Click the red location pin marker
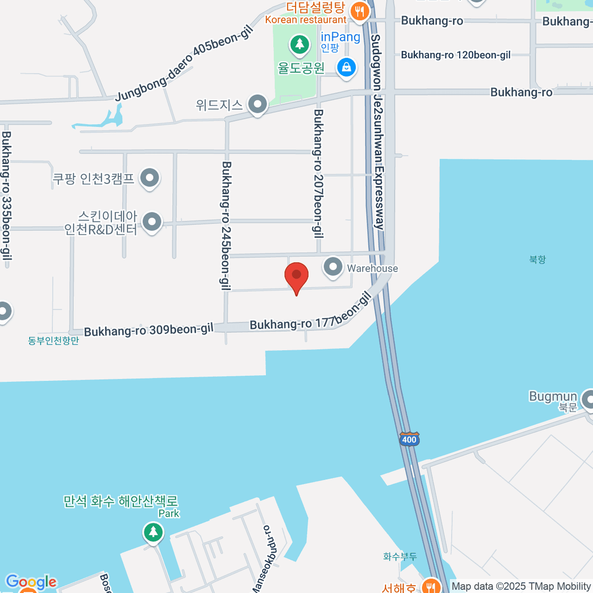[296, 276]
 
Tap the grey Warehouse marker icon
[333, 267]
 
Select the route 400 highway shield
[409, 439]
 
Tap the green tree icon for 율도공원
[299, 45]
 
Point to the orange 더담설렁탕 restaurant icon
[360, 11]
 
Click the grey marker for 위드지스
[257, 104]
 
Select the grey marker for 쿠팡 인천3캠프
[149, 178]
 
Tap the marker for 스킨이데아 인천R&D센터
[152, 222]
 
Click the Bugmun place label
[553, 397]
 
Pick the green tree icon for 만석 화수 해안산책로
[153, 532]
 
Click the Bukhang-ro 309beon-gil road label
[148, 330]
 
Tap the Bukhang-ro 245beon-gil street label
[226, 225]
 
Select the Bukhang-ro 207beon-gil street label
[319, 174]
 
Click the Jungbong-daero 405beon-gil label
[184, 64]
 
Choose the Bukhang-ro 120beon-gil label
[456, 55]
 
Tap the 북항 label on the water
[537, 259]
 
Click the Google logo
[31, 583]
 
